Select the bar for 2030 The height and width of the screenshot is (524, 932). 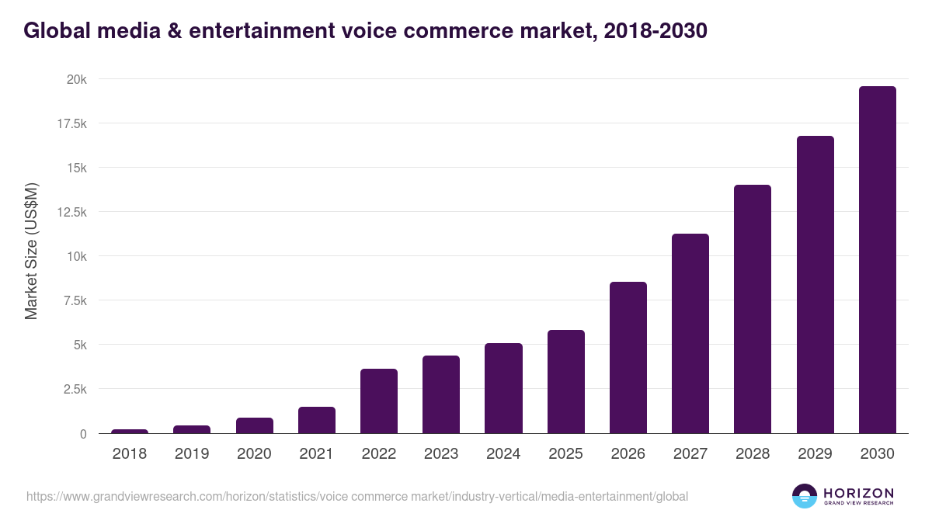point(877,260)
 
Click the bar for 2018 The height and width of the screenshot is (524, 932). point(130,431)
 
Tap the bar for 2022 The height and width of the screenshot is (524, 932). point(379,401)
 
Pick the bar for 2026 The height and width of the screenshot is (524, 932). point(628,358)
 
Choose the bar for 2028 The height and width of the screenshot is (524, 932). point(753,309)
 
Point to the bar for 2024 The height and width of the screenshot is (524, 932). point(503,388)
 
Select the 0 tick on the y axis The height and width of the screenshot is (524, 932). point(83,433)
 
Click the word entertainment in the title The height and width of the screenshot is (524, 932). point(238,30)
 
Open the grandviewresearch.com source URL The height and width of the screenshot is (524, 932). point(357,496)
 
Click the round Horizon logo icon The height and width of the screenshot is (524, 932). point(804,496)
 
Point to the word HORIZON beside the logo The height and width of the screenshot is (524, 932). point(858,492)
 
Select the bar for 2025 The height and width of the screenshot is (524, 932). point(565,381)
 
